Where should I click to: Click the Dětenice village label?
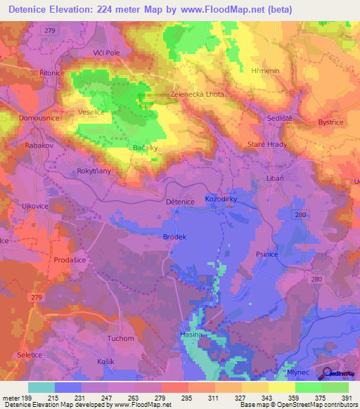coord(179,202)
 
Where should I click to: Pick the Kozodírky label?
coord(221,200)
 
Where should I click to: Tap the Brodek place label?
coord(174,237)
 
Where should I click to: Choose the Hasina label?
coord(191,335)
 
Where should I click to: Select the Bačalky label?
coord(144,148)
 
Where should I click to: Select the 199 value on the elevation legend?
coord(28,398)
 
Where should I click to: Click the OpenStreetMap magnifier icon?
coord(328,374)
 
